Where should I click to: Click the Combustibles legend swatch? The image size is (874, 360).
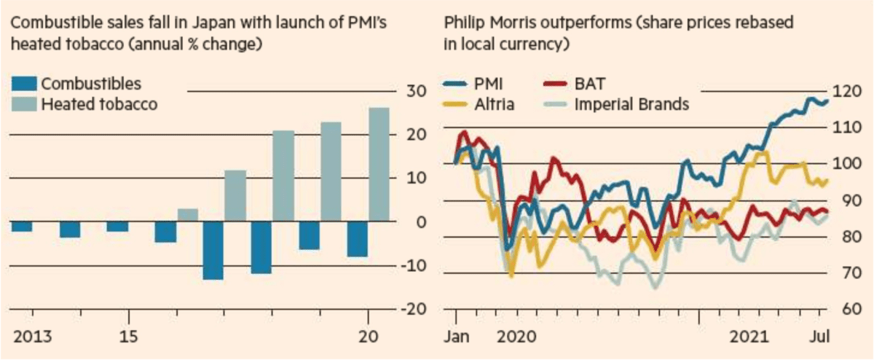pos(24,84)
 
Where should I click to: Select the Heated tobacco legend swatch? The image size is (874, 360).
pos(24,104)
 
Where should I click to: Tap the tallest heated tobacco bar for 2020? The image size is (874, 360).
pos(379,164)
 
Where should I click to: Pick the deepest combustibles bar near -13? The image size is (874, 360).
pos(213,250)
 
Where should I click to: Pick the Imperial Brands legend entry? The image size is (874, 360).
pos(631,104)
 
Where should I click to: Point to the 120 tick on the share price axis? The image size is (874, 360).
pos(846,91)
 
